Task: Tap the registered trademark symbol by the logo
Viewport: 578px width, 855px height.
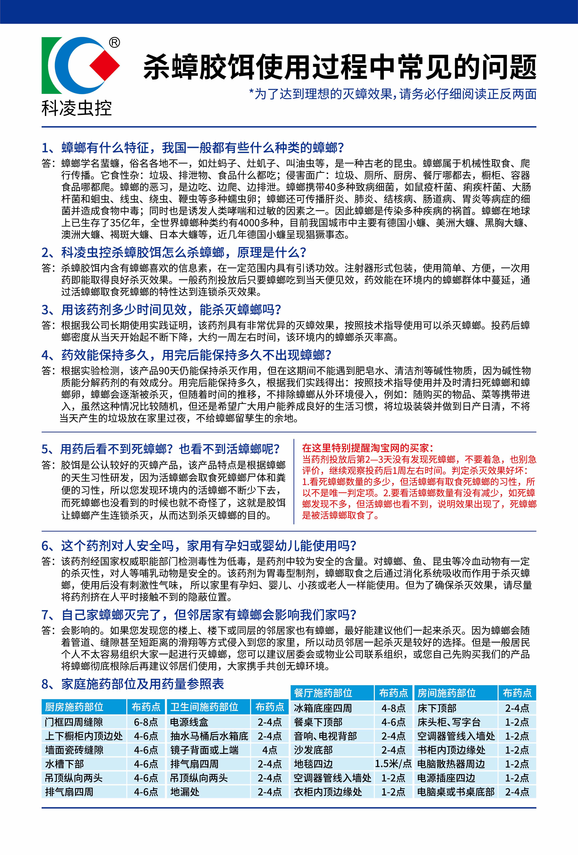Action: tap(115, 43)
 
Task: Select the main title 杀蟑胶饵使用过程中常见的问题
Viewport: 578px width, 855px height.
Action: tap(339, 67)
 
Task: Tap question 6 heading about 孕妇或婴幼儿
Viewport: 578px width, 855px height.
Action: tap(199, 546)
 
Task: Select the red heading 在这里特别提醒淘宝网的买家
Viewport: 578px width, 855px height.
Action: tap(368, 448)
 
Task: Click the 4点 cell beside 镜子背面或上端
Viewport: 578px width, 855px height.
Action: tap(270, 750)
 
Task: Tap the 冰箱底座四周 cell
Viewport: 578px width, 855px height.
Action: tap(323, 708)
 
